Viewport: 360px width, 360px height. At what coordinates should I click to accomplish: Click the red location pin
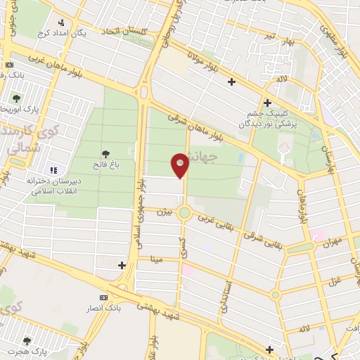pos(180,165)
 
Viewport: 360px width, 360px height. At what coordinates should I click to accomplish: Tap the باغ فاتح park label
pos(105,164)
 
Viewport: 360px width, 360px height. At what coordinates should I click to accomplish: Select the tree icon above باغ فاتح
pos(105,153)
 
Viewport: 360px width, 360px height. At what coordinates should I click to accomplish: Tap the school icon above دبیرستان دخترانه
pos(54,169)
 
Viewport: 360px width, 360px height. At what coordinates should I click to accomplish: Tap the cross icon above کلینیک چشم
pos(268,102)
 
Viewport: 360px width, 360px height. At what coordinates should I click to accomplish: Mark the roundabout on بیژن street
pos(185,213)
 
